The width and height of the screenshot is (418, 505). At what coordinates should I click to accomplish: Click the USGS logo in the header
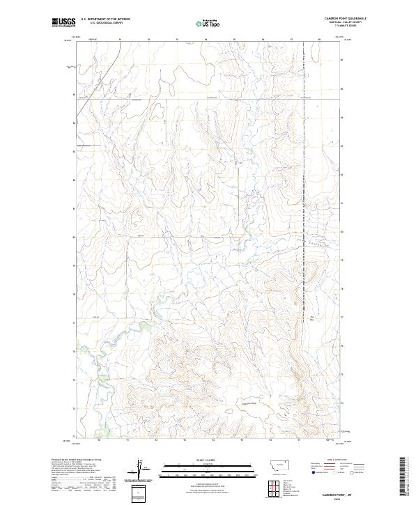click(x=63, y=22)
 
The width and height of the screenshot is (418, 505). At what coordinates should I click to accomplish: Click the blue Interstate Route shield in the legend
click(x=311, y=471)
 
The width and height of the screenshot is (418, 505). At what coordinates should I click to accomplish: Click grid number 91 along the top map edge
click(x=120, y=40)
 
